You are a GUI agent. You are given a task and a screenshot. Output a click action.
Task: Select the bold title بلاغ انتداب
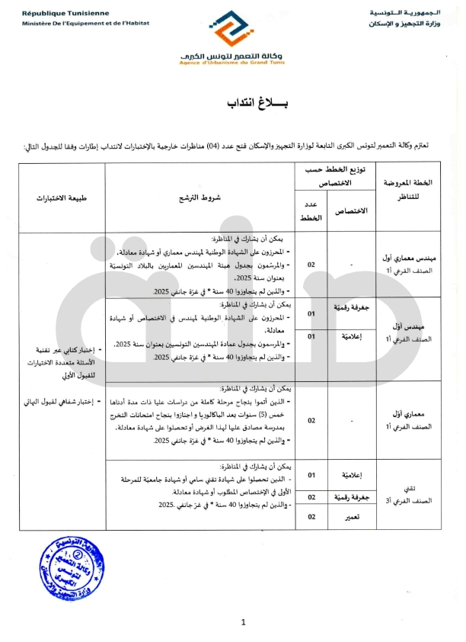pyautogui.click(x=232, y=104)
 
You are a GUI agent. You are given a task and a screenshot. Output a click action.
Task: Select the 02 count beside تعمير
pyautogui.click(x=311, y=517)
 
